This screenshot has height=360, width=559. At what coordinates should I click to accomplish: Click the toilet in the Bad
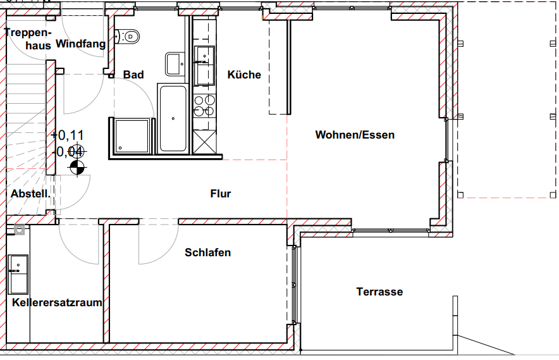coord(130,37)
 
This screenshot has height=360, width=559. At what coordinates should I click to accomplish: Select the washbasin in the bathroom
coord(175,64)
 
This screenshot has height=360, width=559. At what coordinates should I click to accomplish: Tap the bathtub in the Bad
coord(173,118)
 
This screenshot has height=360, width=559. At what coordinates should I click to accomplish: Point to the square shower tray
coord(132,136)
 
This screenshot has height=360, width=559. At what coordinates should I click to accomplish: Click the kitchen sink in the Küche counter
coord(204,57)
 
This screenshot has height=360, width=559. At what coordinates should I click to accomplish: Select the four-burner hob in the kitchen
coord(204,106)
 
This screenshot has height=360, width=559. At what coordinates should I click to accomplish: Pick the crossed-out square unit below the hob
coord(204,140)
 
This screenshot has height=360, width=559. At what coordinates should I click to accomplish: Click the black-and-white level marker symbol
coord(77,167)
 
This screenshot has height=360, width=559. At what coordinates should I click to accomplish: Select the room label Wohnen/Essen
coord(355,135)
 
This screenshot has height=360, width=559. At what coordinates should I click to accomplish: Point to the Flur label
coord(221,194)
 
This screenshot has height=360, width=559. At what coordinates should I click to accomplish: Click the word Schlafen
coord(207,252)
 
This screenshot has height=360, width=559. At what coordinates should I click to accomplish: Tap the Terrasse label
coord(379,292)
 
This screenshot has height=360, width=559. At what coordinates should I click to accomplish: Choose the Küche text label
coord(244,75)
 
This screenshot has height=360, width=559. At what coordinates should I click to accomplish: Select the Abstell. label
coord(30,194)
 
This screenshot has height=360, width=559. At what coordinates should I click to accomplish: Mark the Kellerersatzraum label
coord(57,302)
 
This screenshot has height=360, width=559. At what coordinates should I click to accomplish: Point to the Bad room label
coord(133,75)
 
